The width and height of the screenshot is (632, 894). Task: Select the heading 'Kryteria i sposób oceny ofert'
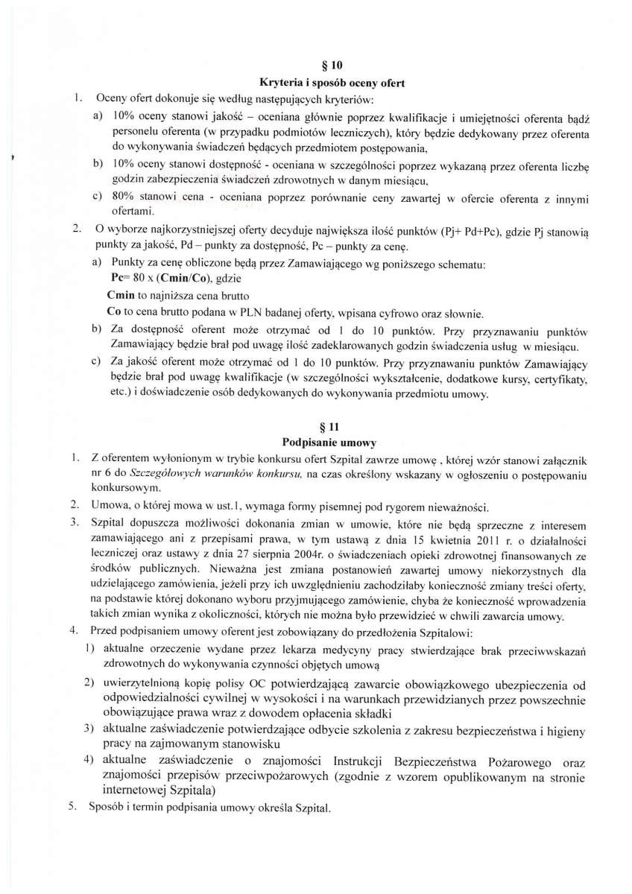coord(331,83)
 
